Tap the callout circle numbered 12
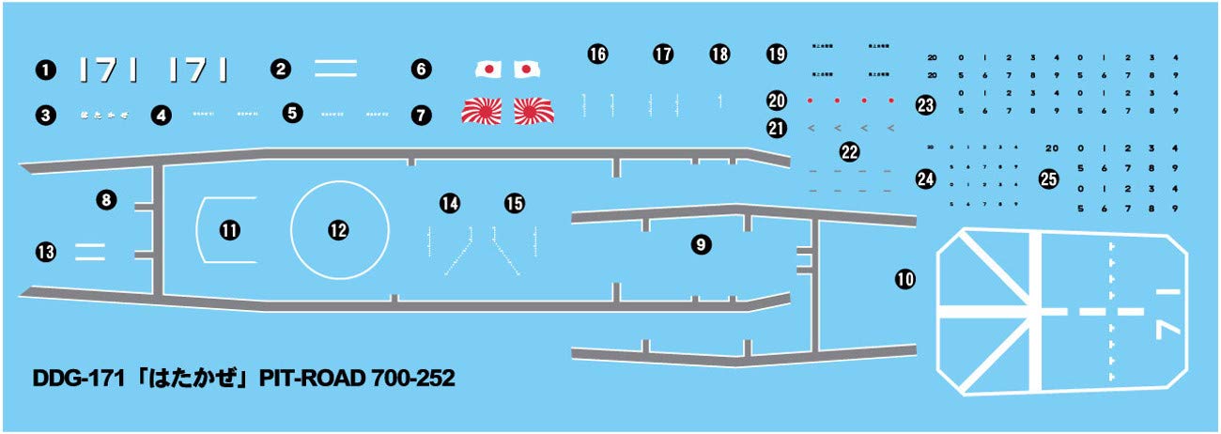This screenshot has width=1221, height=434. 338,229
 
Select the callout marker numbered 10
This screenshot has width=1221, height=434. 905,278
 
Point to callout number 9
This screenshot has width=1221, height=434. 700,245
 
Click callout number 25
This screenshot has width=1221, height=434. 1049,178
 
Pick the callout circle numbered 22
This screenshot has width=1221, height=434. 850,152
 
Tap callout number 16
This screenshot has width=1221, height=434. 597,54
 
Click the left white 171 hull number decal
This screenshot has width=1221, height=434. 111,69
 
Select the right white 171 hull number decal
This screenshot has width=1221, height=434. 198,69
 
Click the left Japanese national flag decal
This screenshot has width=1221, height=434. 489,70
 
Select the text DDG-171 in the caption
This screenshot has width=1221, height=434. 70,379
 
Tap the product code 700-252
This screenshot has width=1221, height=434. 413,379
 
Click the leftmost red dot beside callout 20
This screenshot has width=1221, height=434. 810,100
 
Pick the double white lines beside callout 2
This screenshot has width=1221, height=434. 335,68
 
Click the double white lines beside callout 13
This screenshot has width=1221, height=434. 89,250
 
